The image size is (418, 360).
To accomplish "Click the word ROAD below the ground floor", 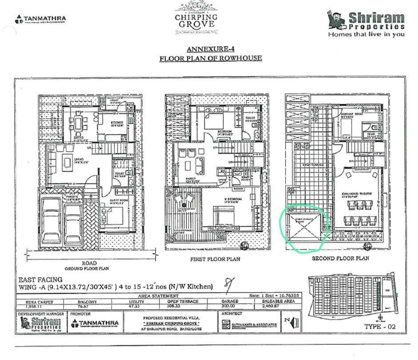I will click(x=87, y=263).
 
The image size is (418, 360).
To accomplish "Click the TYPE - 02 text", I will click(x=379, y=327).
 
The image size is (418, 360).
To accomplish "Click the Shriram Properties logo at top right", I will click(x=366, y=24).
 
